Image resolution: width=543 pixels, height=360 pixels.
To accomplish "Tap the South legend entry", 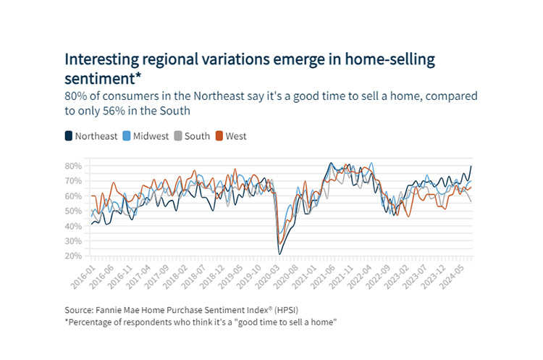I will (195, 135).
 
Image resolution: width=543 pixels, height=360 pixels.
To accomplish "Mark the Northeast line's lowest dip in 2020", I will (279, 254).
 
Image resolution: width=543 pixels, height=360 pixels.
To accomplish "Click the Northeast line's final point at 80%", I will (472, 166).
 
